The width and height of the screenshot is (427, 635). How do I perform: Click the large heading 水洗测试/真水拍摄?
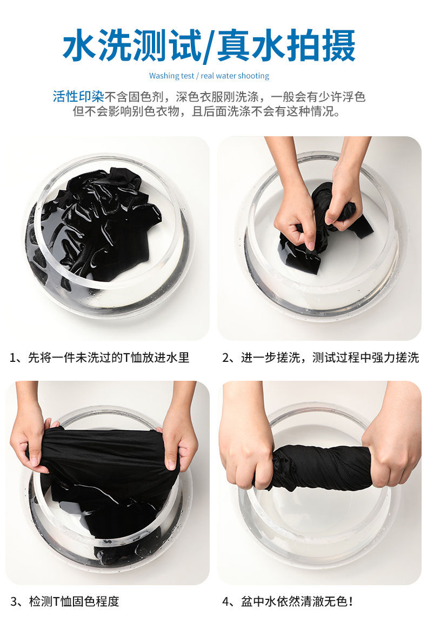tap(209, 45)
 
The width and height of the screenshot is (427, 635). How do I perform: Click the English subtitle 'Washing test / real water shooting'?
tap(209, 76)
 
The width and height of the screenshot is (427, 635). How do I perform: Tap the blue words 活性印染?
tap(78, 97)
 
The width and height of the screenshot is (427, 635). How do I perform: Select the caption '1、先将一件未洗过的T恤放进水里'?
tap(99, 358)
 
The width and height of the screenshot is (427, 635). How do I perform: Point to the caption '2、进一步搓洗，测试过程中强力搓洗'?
tap(321, 358)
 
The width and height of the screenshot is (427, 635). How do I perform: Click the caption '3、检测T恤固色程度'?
tap(65, 601)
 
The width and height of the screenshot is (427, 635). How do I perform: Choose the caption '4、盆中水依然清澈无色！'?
tap(288, 601)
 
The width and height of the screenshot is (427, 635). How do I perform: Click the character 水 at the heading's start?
tap(79, 45)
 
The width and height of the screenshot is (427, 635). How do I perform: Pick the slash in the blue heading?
tap(209, 46)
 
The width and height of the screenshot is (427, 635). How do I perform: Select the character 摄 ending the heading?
tap(338, 45)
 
